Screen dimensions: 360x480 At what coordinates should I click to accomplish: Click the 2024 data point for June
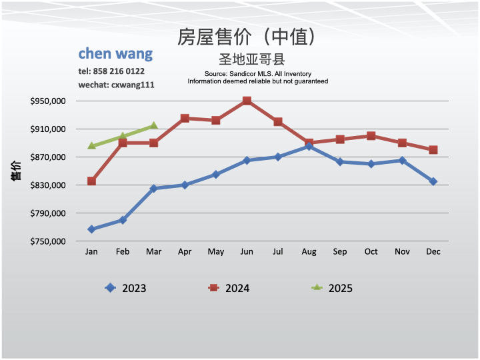coord(247,101)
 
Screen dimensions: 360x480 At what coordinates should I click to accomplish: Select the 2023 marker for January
coord(91,229)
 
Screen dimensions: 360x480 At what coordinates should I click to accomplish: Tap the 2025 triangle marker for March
coord(154,125)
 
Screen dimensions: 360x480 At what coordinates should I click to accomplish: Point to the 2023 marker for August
coord(309,146)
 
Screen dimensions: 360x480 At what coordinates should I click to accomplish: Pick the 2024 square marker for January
coord(91,181)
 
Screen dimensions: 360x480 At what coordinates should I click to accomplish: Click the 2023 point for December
coord(433,181)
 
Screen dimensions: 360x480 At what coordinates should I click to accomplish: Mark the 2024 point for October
coord(371,135)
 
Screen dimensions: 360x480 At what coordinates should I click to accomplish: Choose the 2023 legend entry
coord(126,288)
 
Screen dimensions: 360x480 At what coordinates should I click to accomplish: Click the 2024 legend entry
coord(229,288)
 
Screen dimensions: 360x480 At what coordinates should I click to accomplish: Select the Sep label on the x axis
coord(340,251)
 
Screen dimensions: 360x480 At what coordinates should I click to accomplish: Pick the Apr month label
coord(185,251)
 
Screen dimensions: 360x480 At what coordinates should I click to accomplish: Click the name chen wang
coord(115,53)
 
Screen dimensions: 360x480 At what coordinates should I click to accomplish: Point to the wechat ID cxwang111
coord(132,85)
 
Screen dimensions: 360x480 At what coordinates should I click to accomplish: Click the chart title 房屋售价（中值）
coord(246,37)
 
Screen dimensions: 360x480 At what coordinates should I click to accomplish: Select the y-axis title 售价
coord(16,171)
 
